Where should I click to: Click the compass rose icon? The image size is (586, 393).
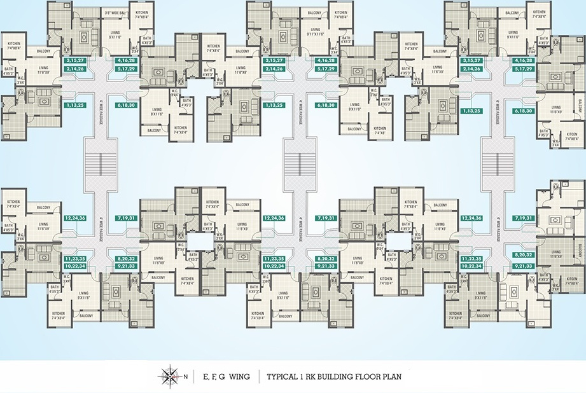click(x=170, y=376)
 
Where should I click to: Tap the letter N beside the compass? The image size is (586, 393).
click(x=185, y=377)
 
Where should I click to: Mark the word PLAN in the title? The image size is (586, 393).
click(x=391, y=376)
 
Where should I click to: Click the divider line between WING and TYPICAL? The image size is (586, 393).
click(x=258, y=376)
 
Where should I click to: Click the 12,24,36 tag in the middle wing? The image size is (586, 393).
click(x=274, y=217)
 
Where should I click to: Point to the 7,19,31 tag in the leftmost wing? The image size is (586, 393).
click(x=126, y=217)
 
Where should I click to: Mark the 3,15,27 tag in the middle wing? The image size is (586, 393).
click(x=274, y=60)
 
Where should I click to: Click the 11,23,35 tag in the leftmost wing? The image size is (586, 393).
click(x=76, y=259)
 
